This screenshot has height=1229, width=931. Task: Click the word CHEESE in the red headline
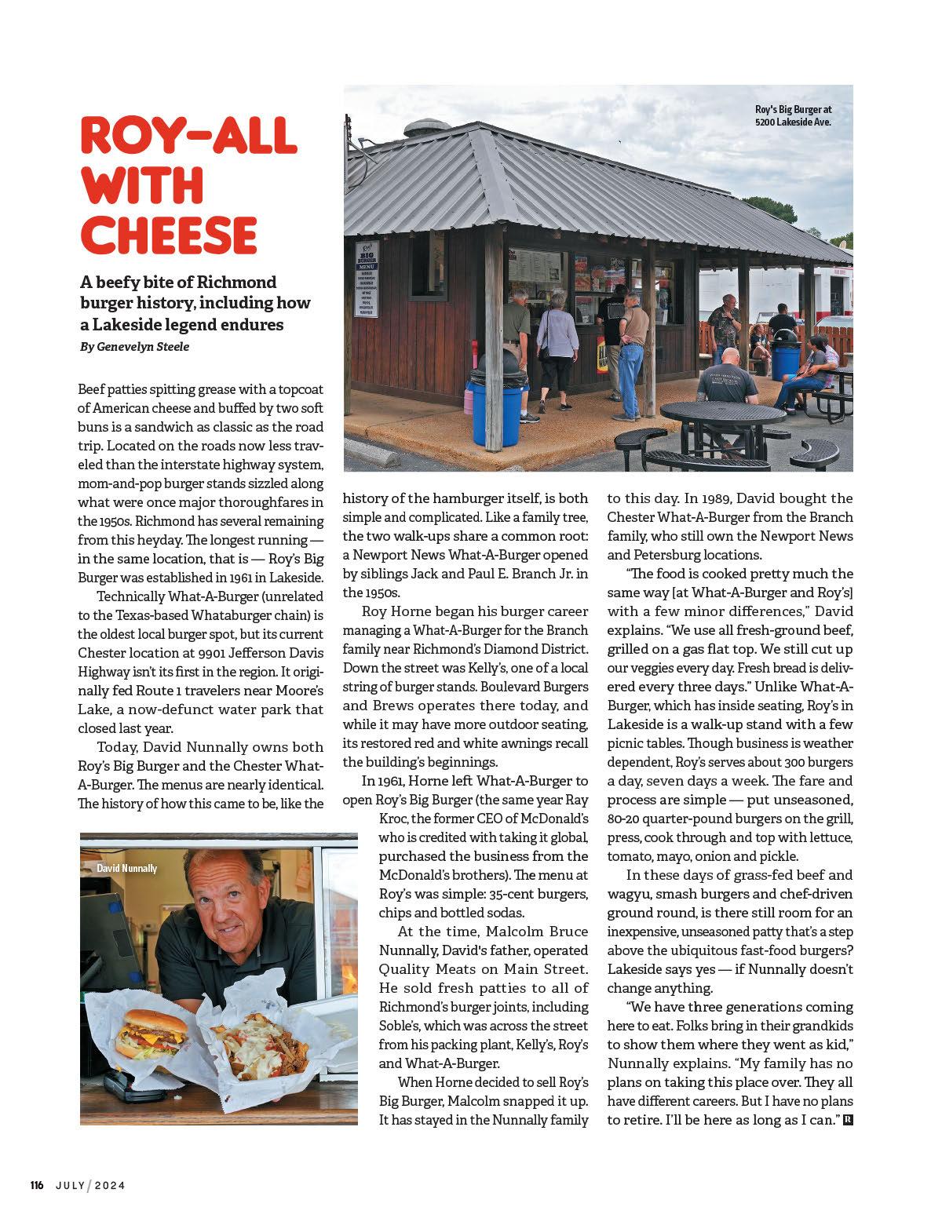(169, 235)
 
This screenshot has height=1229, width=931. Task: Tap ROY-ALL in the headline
(188, 136)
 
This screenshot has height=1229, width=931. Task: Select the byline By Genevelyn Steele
(134, 346)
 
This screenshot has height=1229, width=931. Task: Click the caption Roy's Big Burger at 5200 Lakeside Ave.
(792, 116)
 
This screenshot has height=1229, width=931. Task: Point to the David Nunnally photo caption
(126, 868)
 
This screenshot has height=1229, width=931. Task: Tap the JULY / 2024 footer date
(90, 1185)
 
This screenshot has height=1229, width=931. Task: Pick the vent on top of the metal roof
(427, 129)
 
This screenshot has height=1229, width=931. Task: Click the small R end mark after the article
(847, 1120)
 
